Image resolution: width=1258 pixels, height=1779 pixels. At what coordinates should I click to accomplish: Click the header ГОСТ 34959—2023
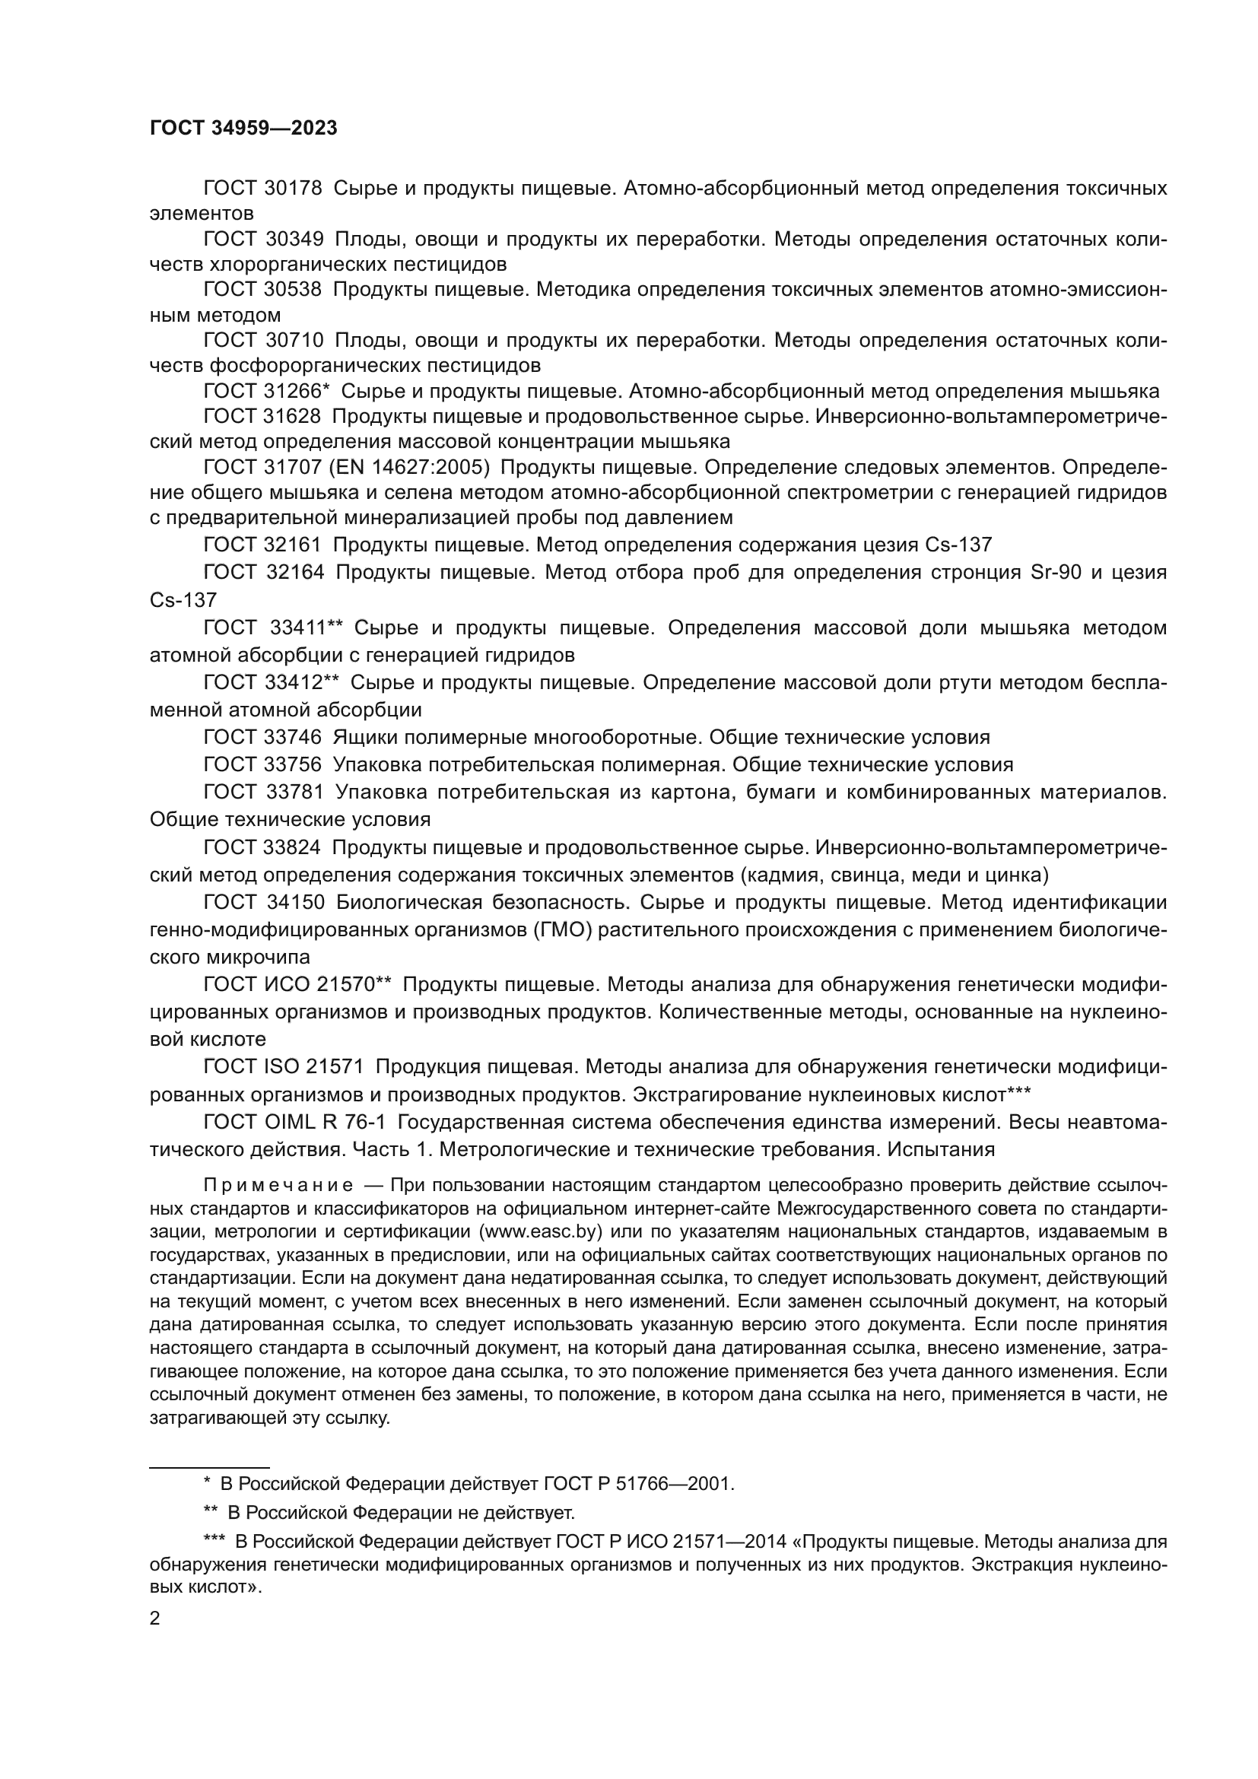[x=243, y=129]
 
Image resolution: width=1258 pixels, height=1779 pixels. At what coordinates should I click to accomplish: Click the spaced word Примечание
[x=278, y=1186]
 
